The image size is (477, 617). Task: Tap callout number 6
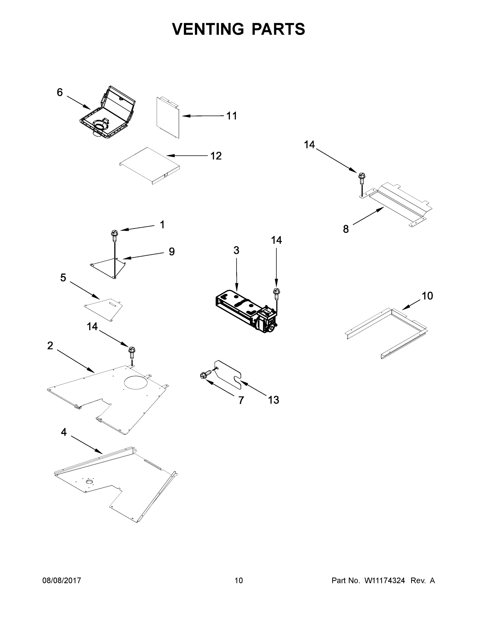(x=60, y=92)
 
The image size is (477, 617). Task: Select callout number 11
(x=232, y=116)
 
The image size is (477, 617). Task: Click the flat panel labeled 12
(x=150, y=166)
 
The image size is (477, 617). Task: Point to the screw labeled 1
(x=114, y=235)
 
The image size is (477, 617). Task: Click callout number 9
(x=172, y=251)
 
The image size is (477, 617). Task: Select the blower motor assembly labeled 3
(x=246, y=311)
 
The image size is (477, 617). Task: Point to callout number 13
(x=274, y=400)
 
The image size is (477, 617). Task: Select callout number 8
(x=346, y=229)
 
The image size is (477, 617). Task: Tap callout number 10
(x=427, y=296)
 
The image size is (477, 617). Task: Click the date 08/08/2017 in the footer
(x=62, y=580)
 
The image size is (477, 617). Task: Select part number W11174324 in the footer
(x=385, y=580)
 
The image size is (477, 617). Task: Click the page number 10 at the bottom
(x=239, y=580)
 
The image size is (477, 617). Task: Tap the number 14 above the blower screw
(x=276, y=240)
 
